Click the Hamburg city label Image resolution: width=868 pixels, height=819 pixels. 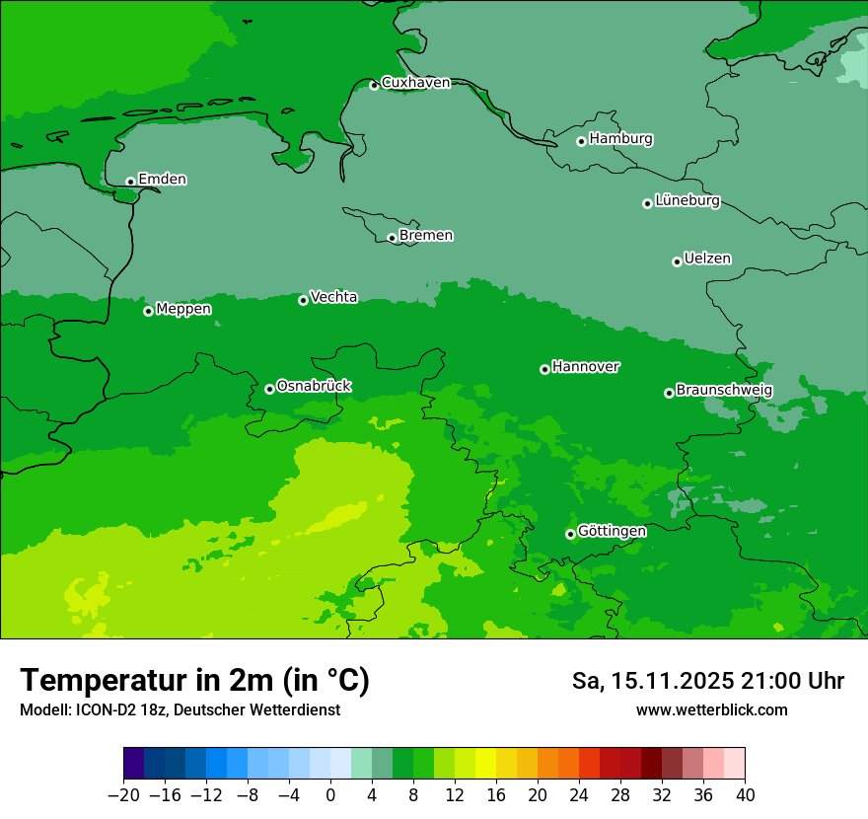pos(620,139)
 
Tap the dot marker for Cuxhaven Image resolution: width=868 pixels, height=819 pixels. pos(374,86)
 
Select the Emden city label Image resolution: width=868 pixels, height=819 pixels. pos(162,180)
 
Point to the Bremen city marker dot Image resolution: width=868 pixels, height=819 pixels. pos(392,238)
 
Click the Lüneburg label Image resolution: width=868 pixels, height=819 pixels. pos(687,201)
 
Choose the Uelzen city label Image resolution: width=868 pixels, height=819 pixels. pos(707,260)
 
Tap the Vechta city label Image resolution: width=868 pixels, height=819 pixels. pos(333,297)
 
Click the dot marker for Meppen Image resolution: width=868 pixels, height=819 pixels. pos(148,311)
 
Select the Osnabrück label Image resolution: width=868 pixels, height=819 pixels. pos(314,387)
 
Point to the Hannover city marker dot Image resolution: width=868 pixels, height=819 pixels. pos(544,369)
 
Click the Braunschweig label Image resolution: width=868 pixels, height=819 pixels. pos(724,391)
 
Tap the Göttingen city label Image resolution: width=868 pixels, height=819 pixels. pos(612,532)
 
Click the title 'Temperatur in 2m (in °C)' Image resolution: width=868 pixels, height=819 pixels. pos(194,681)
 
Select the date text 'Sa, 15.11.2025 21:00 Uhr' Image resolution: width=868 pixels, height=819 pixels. pos(707,681)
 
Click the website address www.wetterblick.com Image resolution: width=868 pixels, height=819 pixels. pos(711,709)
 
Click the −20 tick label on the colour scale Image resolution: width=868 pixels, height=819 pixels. pos(123,795)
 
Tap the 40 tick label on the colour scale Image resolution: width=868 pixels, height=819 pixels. pos(745,795)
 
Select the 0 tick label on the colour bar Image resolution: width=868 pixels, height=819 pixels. pos(330,795)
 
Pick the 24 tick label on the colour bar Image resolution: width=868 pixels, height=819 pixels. pos(579,795)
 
